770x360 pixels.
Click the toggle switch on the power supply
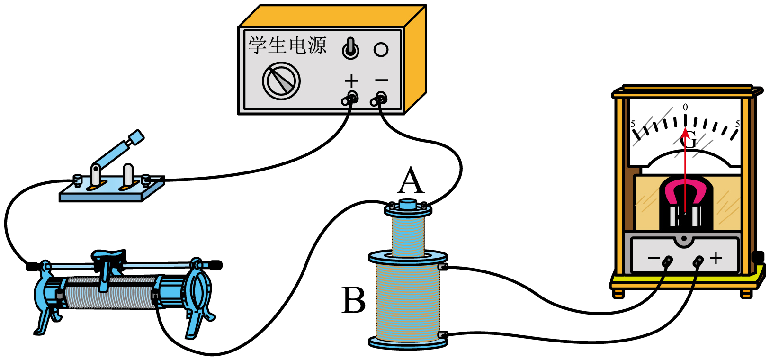[x=350, y=49]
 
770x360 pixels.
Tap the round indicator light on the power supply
[x=381, y=50]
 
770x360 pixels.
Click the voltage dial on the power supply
[x=281, y=81]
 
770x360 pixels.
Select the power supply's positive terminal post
[x=350, y=99]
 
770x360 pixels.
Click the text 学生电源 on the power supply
[x=287, y=45]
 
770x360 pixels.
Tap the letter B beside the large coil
[x=353, y=300]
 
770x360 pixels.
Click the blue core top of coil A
[x=408, y=204]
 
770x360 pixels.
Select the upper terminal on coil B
[x=442, y=267]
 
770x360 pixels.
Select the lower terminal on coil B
[x=442, y=334]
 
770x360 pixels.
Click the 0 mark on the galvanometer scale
[x=685, y=107]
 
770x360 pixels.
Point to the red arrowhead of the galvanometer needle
[x=685, y=133]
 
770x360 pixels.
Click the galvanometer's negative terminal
[x=667, y=261]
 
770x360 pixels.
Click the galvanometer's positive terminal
[x=698, y=261]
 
